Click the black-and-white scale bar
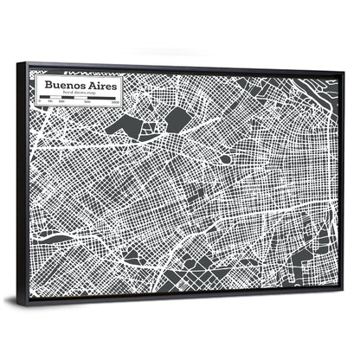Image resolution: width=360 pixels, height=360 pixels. [79, 101]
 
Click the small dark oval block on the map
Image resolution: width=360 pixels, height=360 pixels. [225, 159]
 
